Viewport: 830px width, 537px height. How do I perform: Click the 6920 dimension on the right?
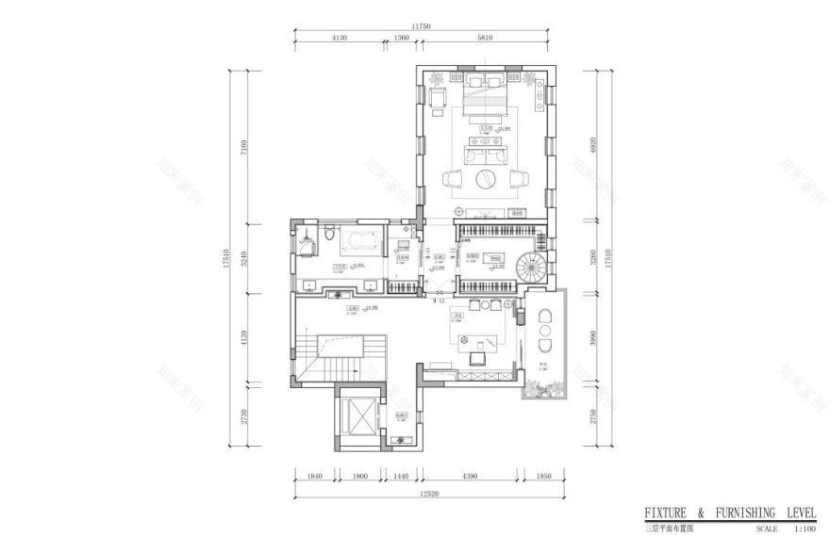[593, 144]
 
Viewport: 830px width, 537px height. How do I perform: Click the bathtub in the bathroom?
[357, 241]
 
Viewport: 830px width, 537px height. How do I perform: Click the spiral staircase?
[531, 268]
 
